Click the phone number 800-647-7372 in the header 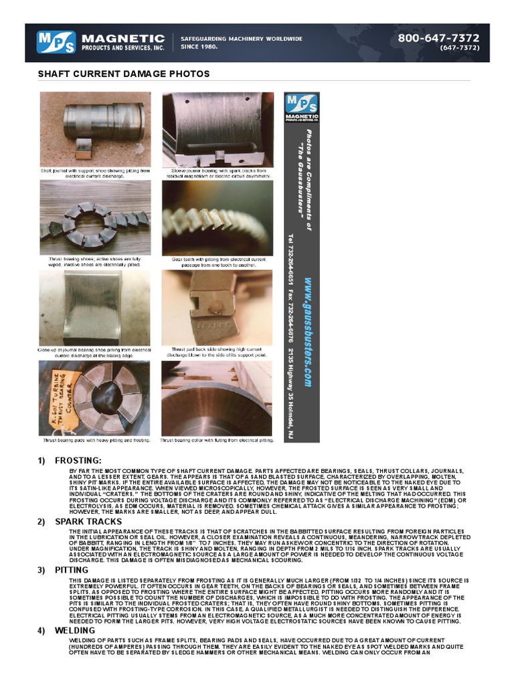[438, 38]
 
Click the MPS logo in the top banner [57, 43]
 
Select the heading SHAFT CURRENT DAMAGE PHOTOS [124, 74]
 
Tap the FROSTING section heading [78, 460]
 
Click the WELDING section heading [75, 630]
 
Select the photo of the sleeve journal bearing [217, 129]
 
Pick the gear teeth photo [217, 217]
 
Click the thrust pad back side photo [217, 308]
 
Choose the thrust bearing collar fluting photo [217, 398]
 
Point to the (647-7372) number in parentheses [459, 47]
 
